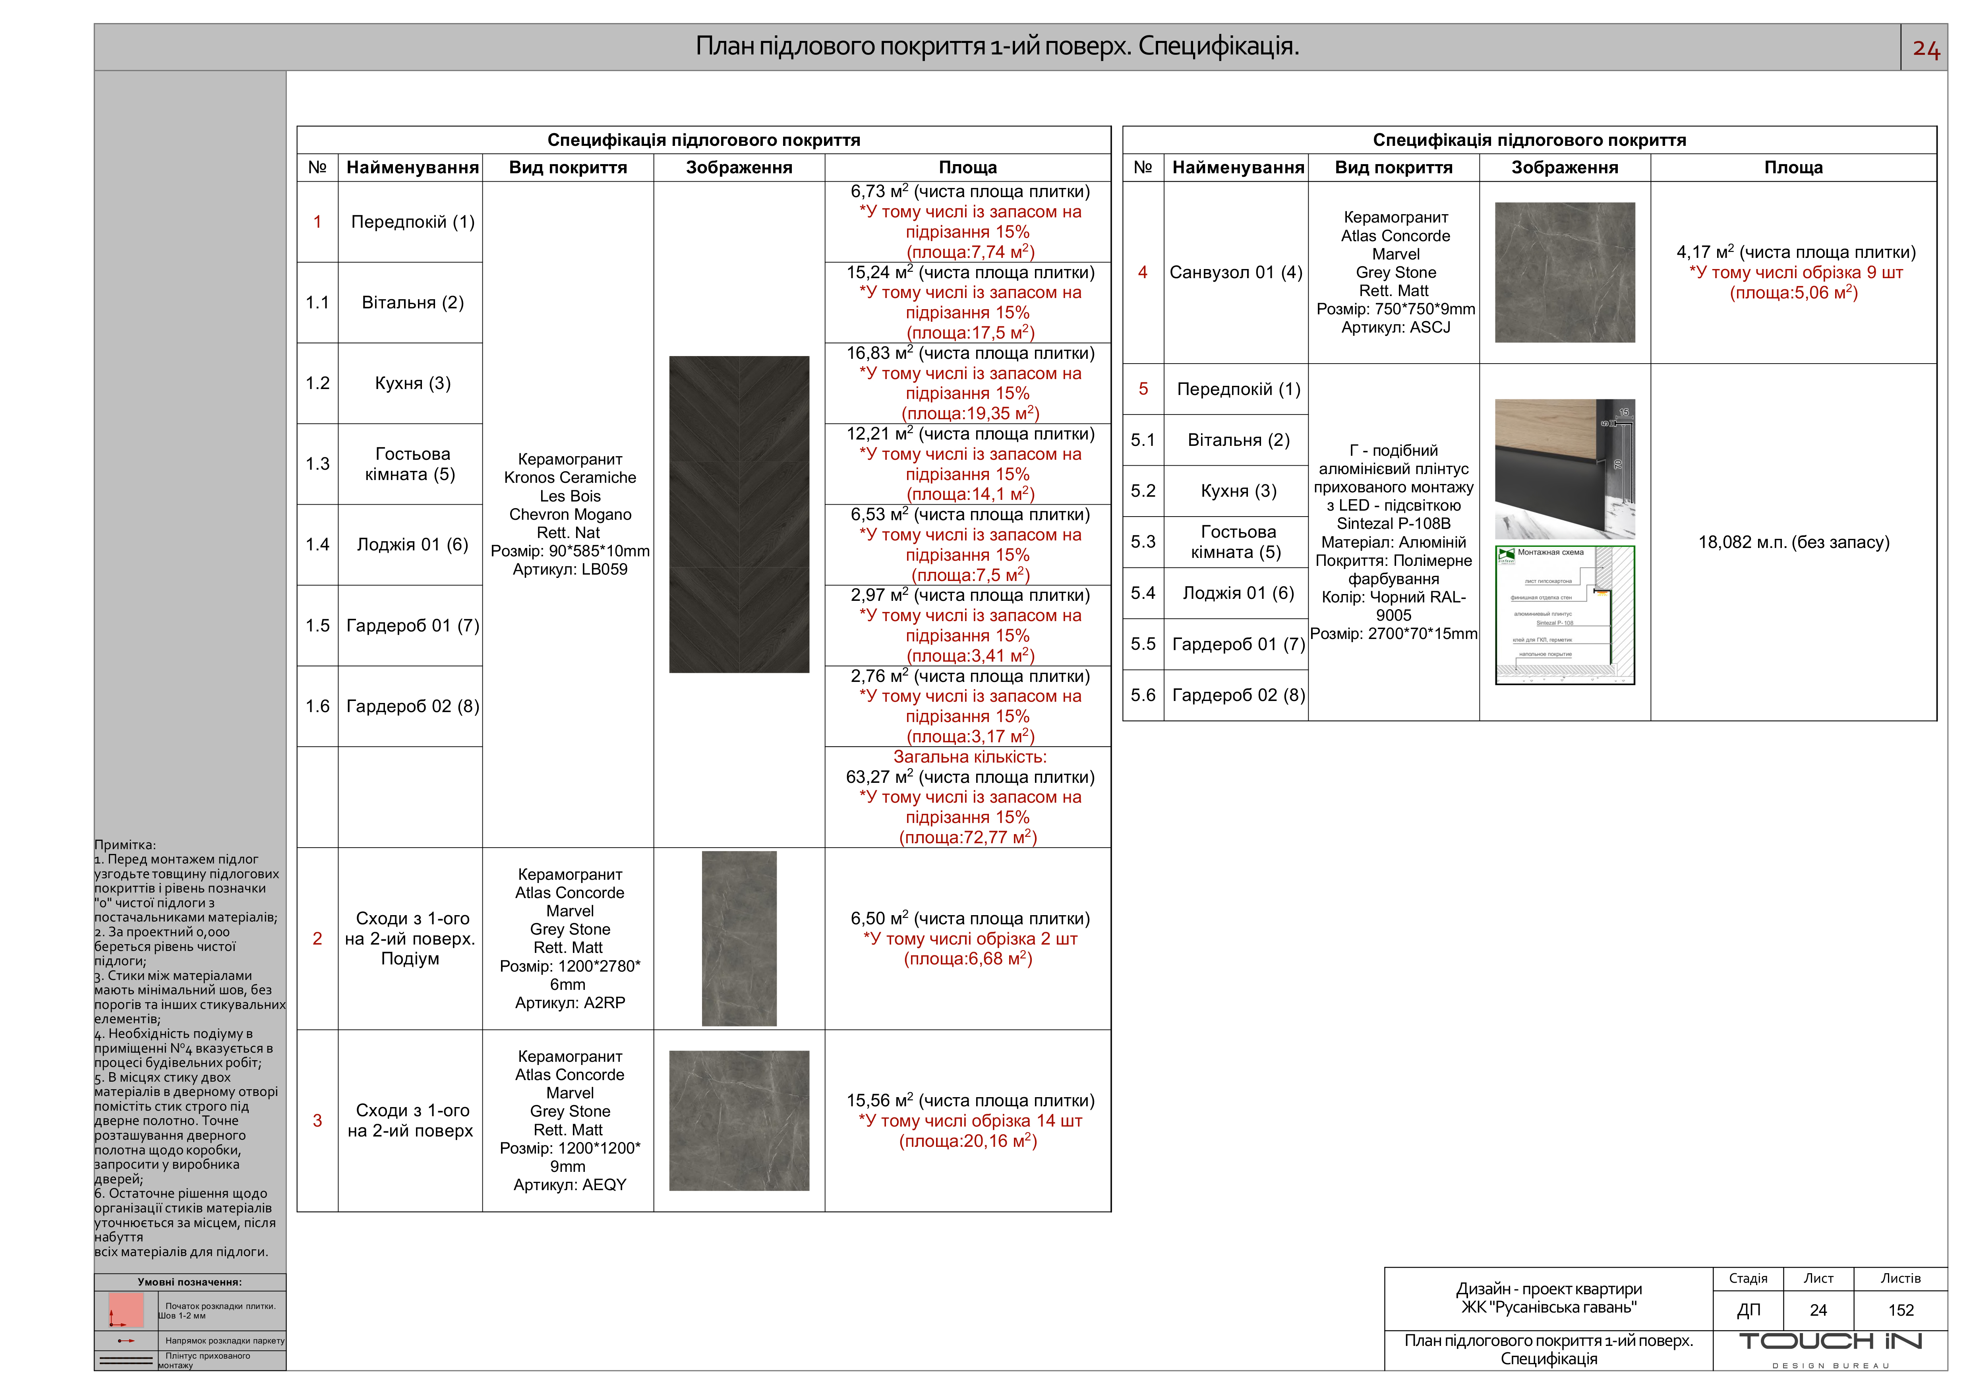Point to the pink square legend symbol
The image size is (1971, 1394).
click(126, 1310)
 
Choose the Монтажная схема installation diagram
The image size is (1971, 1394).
click(1564, 616)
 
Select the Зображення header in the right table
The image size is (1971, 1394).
click(1564, 167)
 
